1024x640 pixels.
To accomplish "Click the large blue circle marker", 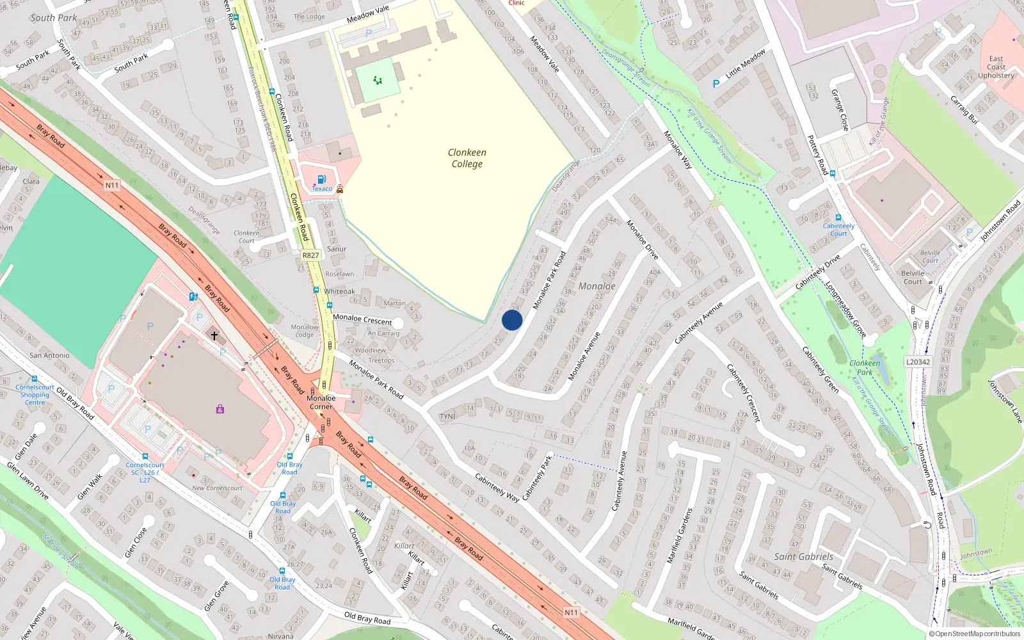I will (x=512, y=320).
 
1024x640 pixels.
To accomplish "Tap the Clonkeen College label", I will (x=467, y=158).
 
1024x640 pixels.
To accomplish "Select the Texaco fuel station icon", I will (x=322, y=179).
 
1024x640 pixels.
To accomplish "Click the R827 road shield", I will (x=310, y=255).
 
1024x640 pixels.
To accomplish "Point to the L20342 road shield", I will (x=918, y=362).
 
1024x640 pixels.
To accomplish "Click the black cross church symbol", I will (x=214, y=335).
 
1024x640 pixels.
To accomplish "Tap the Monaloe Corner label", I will (x=321, y=402).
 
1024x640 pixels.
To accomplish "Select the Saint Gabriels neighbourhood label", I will (x=804, y=557).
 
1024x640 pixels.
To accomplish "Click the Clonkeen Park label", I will (x=865, y=367).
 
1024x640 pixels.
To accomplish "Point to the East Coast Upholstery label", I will (x=996, y=67).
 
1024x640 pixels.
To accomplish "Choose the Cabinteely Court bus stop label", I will (x=838, y=230).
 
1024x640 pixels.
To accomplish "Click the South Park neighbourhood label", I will (x=54, y=18).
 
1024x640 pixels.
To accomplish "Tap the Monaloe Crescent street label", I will (x=362, y=319).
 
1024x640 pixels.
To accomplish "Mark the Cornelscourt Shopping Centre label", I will (x=35, y=394).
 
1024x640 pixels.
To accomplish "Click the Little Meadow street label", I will (x=746, y=64).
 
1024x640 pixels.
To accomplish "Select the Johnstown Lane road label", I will (x=1005, y=401).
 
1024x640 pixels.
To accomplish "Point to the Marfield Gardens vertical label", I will (x=680, y=536).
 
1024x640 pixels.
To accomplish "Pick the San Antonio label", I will (x=49, y=355).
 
